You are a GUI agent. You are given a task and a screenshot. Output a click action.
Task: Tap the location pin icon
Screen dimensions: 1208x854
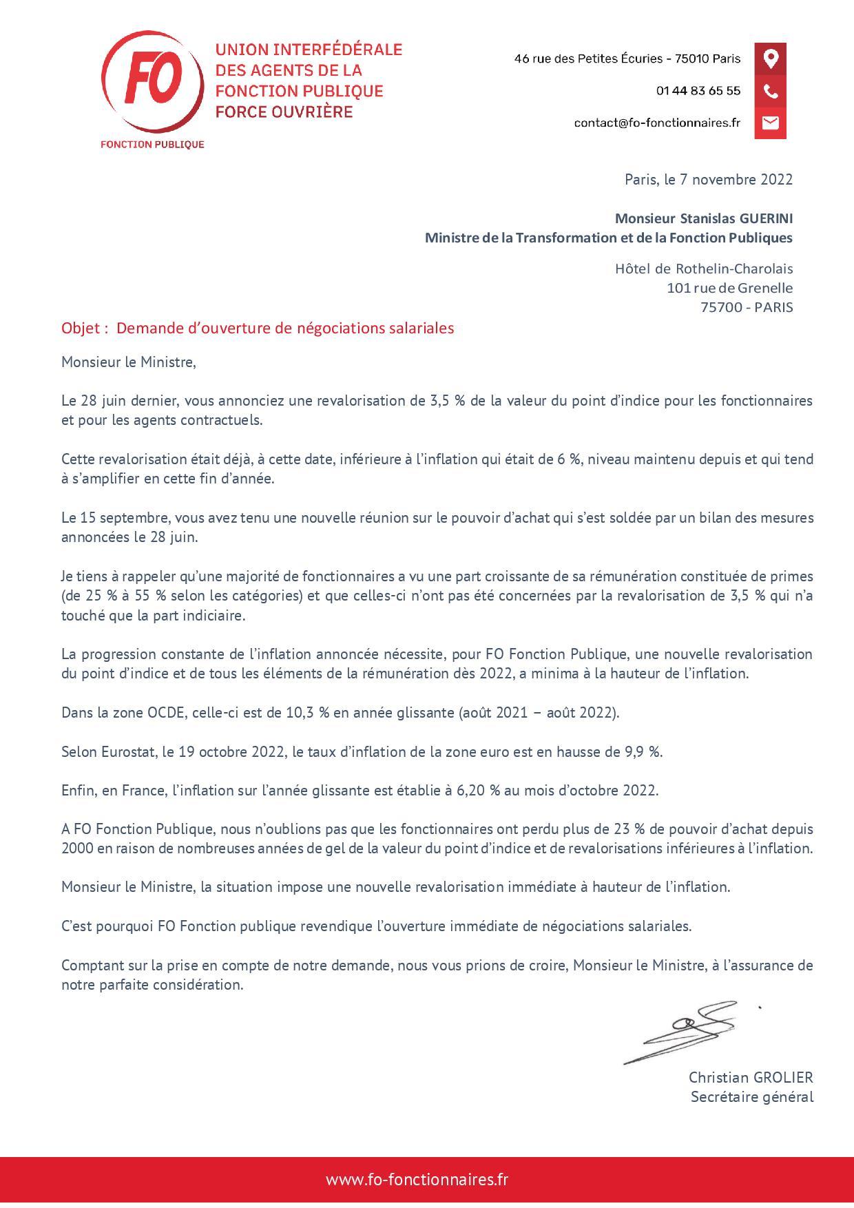coord(770,59)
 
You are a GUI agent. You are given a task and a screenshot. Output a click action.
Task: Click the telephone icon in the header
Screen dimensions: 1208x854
coord(770,91)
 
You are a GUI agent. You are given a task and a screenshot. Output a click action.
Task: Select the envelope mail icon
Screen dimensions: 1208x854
coord(770,123)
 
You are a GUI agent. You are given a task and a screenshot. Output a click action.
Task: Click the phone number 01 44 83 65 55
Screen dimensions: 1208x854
coord(698,91)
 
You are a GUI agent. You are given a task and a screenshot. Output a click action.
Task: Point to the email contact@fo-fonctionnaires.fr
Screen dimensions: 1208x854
coord(656,123)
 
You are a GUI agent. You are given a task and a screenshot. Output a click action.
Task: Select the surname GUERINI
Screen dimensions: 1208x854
coord(766,218)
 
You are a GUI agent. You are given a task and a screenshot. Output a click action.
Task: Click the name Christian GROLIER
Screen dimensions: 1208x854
coord(751,1077)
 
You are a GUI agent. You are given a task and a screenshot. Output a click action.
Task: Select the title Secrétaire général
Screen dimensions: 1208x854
coord(751,1096)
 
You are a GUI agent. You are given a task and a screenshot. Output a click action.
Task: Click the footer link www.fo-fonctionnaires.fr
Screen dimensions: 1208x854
coord(417,1179)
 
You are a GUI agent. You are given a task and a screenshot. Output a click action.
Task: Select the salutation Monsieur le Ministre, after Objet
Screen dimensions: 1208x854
coord(129,362)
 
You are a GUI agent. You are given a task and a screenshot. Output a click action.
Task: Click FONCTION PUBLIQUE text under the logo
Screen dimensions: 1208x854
coord(152,144)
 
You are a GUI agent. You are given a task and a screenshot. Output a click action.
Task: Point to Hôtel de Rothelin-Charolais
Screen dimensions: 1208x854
coord(703,269)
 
